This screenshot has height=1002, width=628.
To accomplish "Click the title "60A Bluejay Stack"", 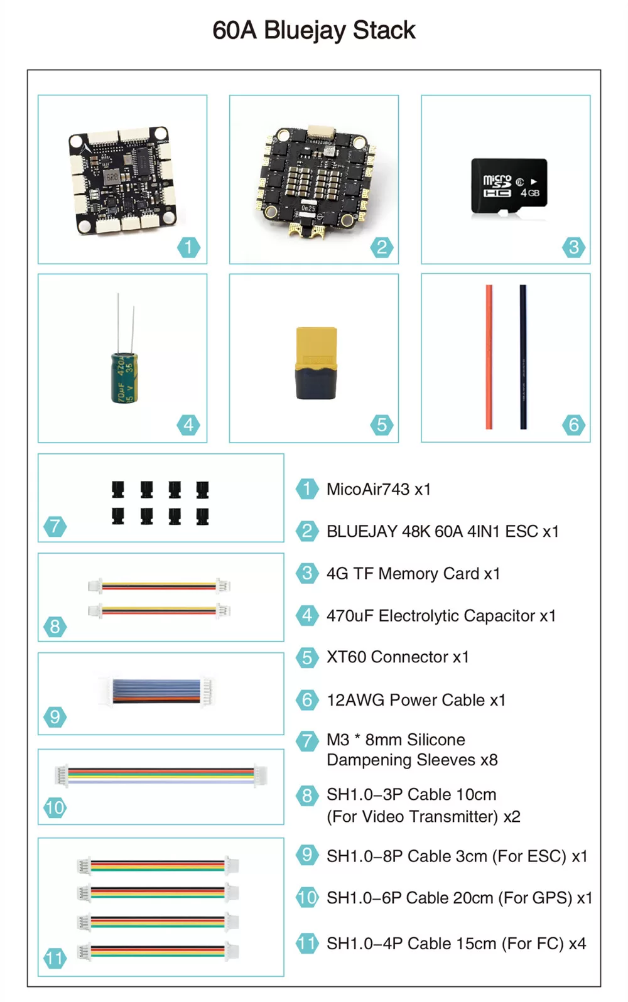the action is coord(313,30).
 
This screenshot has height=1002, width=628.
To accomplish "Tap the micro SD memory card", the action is coord(509,186).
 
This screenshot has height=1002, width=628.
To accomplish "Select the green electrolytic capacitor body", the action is coord(124,378).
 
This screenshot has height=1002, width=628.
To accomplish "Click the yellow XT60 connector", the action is coord(316,363).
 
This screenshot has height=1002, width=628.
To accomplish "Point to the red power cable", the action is coord(489,357).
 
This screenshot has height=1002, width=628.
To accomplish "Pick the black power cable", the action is coord(523,357).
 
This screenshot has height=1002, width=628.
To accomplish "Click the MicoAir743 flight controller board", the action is coord(122,180).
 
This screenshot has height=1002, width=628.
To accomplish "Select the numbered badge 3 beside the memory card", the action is coord(573,247).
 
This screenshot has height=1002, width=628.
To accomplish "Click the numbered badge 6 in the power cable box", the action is coord(573,424).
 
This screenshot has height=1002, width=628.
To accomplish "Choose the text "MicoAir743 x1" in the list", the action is coord(379,489).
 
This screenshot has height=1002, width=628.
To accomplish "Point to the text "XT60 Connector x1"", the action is coord(398,657).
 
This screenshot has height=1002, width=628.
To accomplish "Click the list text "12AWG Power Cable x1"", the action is coord(416,699).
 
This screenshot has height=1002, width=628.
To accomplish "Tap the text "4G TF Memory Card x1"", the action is coord(413,573).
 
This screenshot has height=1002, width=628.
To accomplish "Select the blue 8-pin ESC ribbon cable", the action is coord(157,692).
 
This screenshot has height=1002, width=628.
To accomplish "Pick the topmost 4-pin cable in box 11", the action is coord(158,866).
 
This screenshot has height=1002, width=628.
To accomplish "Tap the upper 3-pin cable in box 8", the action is coord(160,586).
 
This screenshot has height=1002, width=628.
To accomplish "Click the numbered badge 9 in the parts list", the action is coord(307,855).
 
